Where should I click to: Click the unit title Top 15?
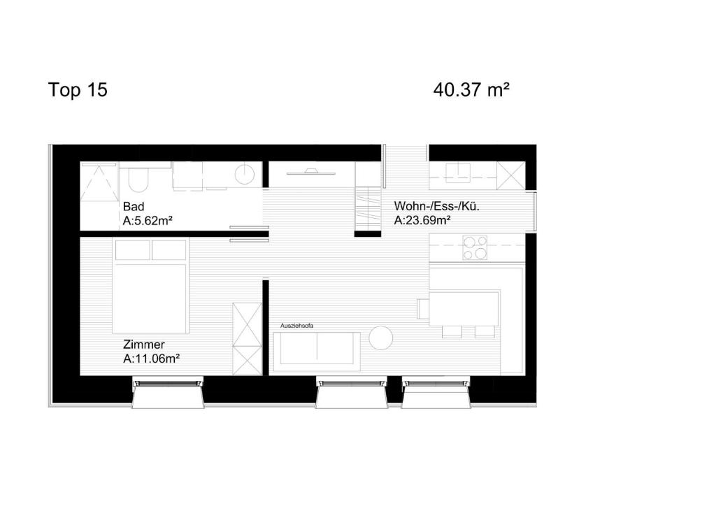coord(78,90)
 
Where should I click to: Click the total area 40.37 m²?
coord(471,90)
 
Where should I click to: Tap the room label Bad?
coord(134,207)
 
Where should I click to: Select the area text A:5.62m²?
coord(148,222)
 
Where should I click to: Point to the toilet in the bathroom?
coord(136,180)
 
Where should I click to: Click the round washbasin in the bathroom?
coord(245,174)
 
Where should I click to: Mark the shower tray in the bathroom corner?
coord(99,182)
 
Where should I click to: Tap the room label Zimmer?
coord(143,345)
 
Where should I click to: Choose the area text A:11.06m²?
coord(152,359)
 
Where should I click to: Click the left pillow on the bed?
coord(132,250)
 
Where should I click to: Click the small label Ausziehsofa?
coord(297,326)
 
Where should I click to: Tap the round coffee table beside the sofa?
coord(381,338)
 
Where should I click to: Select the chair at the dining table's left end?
coord(422,308)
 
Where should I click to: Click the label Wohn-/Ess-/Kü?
coord(436,206)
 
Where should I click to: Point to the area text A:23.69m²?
coord(422,221)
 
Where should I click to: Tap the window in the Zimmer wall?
coord(168,382)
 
